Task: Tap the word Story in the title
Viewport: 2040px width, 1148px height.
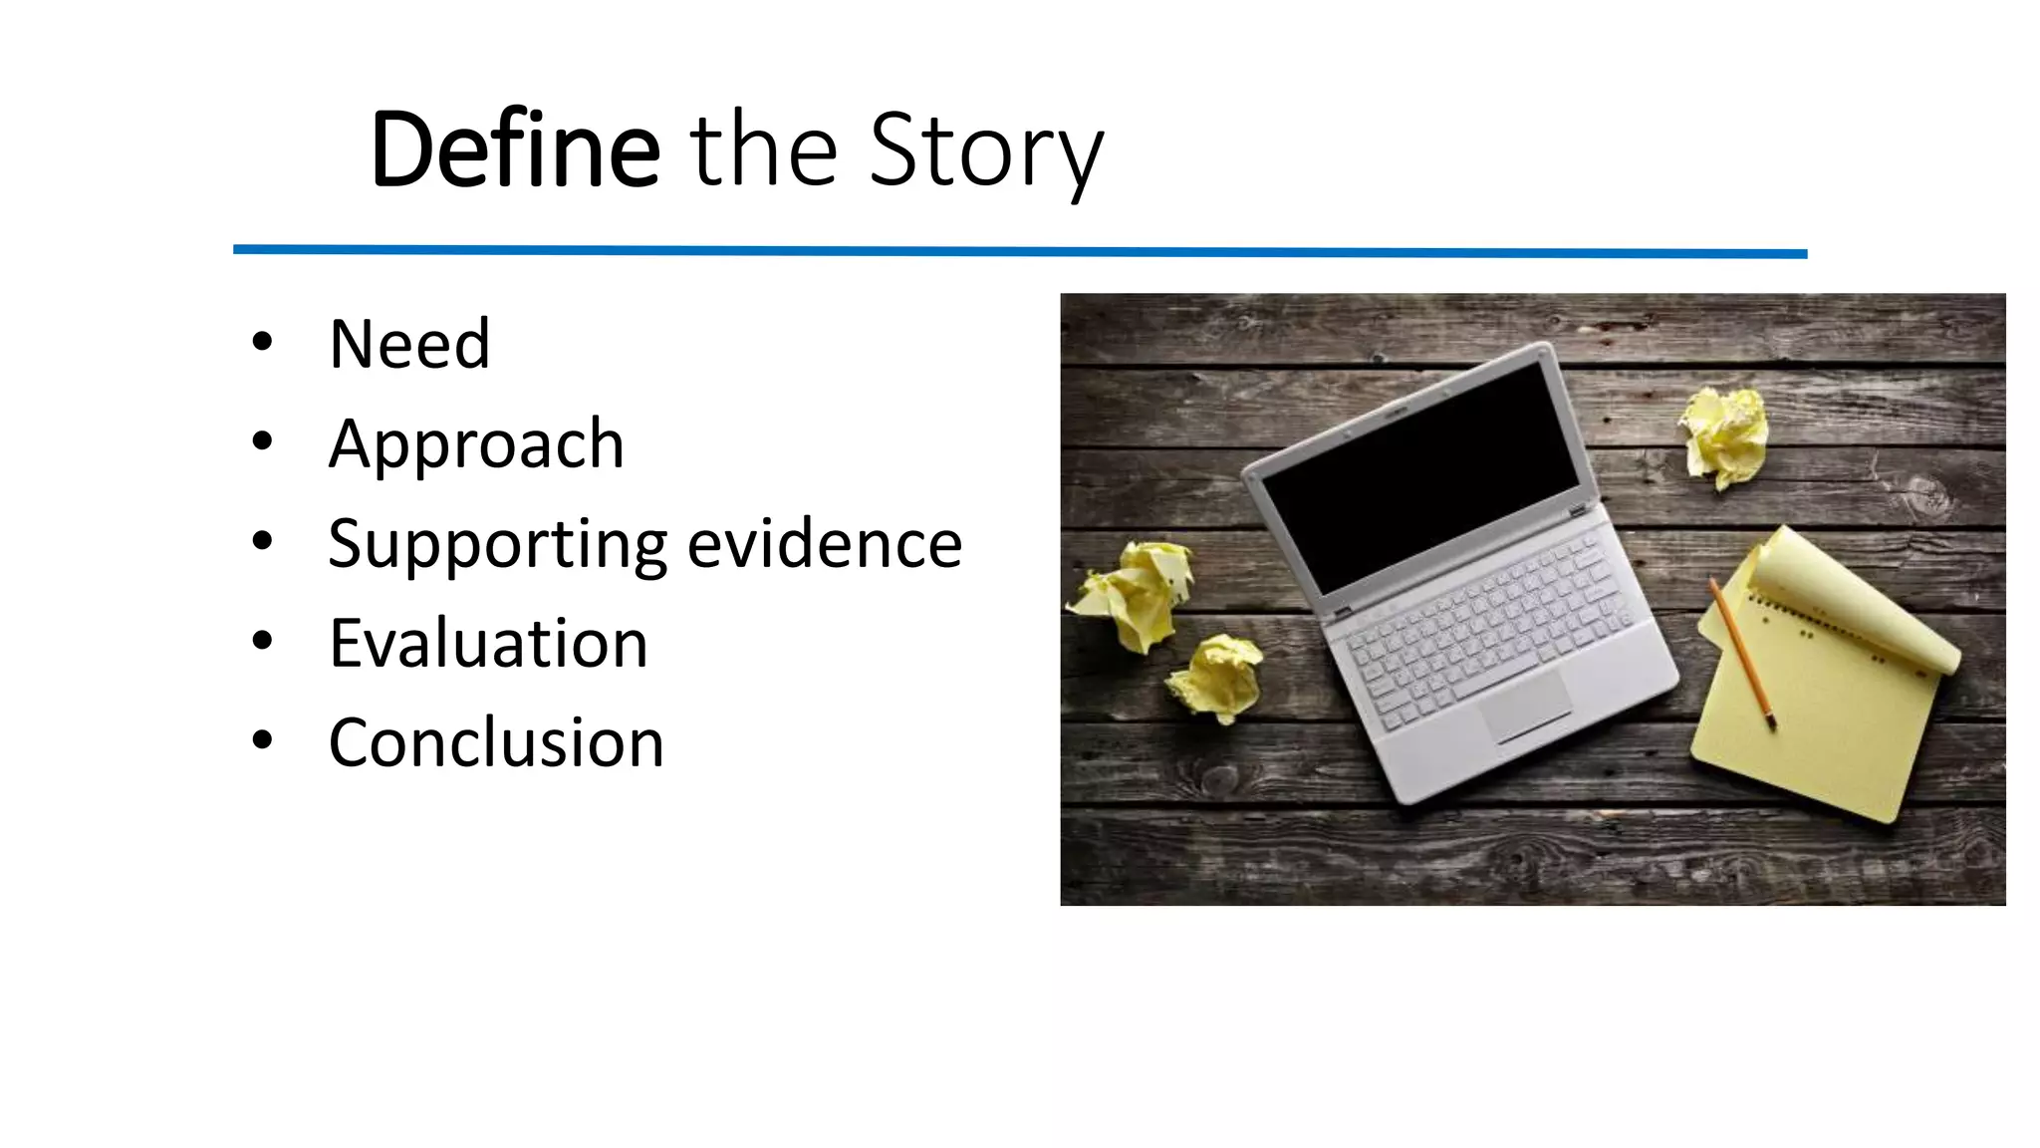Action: (985, 151)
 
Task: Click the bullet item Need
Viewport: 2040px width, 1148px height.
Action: (409, 344)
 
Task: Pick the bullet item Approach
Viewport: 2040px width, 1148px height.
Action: (476, 443)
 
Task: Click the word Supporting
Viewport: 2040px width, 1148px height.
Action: (497, 545)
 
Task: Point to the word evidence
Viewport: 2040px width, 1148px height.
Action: (825, 544)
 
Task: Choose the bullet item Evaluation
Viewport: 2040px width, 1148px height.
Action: (488, 643)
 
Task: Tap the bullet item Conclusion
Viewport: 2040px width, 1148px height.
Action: (496, 742)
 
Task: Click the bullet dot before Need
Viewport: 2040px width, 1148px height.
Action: (262, 343)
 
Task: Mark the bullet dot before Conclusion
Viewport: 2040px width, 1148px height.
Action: (262, 740)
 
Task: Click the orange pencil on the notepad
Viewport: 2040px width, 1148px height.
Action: (1742, 654)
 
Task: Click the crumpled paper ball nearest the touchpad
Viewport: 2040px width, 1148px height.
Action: (1217, 678)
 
